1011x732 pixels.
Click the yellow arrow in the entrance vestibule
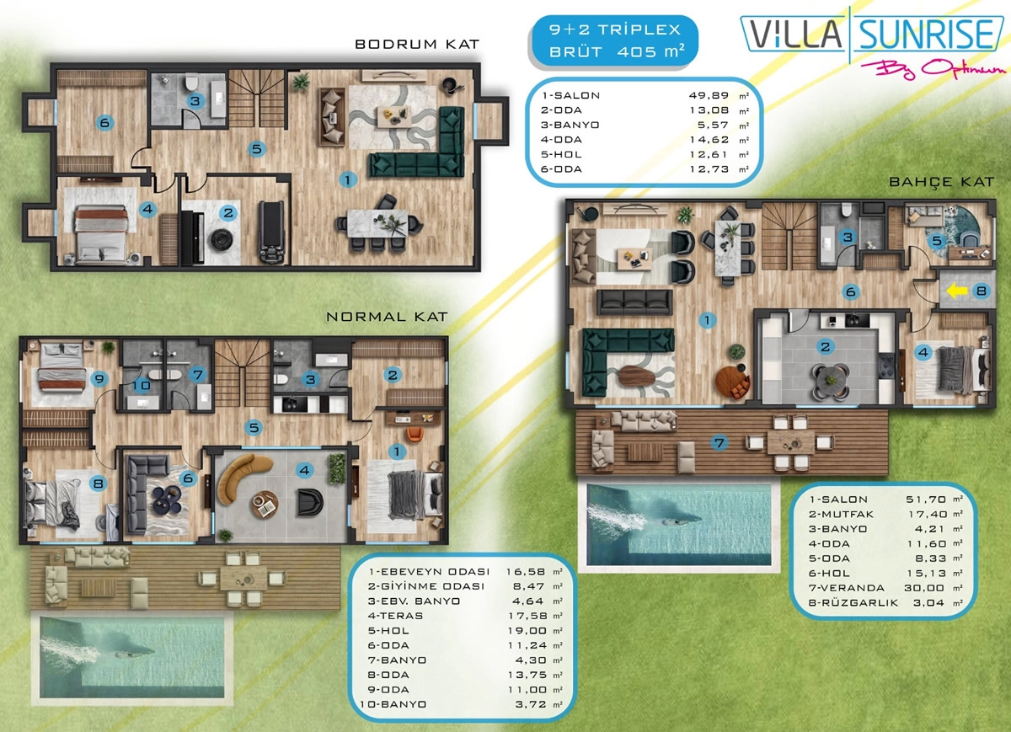pos(956,291)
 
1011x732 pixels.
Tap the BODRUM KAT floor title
pos(416,45)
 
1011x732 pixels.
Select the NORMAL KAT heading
pos(387,317)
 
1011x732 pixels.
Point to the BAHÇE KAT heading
pos(942,182)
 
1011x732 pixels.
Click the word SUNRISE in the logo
pos(926,34)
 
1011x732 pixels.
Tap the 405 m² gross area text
pos(650,51)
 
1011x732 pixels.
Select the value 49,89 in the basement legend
pos(709,96)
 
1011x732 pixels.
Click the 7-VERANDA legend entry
pos(846,588)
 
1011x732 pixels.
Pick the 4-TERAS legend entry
pos(395,616)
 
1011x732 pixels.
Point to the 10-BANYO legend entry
pos(393,704)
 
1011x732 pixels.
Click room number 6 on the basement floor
pos(104,122)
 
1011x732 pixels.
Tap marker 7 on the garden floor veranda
pos(719,443)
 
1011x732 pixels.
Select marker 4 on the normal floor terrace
pos(305,471)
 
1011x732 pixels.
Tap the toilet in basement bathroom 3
pos(192,82)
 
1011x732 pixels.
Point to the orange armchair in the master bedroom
pos(415,434)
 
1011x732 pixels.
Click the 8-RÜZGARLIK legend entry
pos(853,603)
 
